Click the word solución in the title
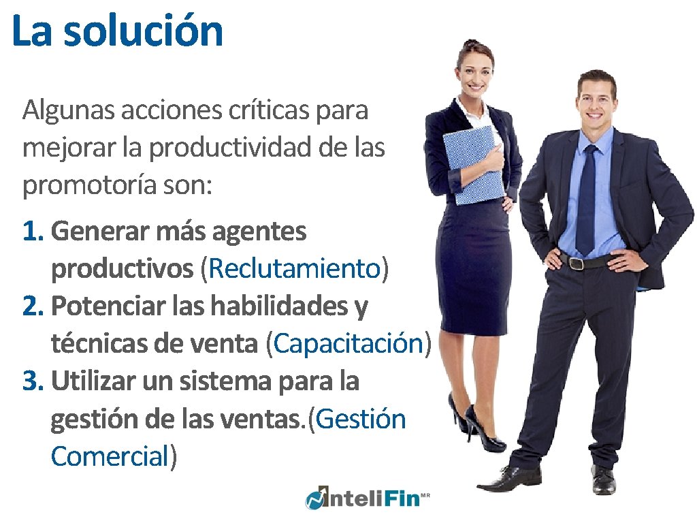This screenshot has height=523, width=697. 144,31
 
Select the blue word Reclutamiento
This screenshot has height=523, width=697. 294,270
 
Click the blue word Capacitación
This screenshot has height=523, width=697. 348,344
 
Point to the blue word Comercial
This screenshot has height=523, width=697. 109,456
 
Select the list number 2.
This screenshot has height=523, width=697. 33,307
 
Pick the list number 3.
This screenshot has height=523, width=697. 33,381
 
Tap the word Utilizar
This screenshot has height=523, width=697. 93,381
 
